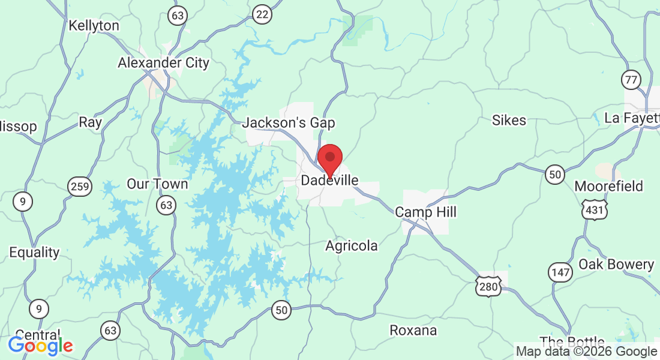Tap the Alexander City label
163,62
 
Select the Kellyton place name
94,26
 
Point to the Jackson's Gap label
289,123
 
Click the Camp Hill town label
425,212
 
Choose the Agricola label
352,245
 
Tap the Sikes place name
509,120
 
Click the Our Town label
157,184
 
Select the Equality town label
34,252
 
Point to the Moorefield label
608,186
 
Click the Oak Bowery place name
616,264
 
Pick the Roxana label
413,330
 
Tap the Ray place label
91,122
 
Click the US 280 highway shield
488,286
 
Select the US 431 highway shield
594,209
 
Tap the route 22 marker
262,14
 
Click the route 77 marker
631,79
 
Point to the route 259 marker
80,187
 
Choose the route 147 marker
560,272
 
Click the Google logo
40,346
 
